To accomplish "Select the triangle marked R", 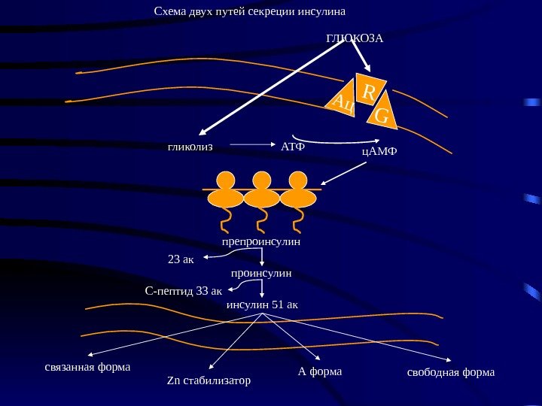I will click(x=368, y=92).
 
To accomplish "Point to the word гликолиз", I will click(x=190, y=147).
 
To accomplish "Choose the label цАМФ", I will click(x=379, y=152).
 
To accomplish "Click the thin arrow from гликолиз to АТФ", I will click(x=250, y=144).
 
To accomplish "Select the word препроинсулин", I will click(x=261, y=242).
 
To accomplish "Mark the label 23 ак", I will click(x=180, y=260).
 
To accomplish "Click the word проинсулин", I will click(x=261, y=274).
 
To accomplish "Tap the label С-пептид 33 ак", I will click(x=183, y=290).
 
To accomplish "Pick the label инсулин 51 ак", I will click(x=262, y=305).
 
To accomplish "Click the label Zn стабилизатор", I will click(x=208, y=381).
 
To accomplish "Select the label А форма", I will click(x=320, y=371).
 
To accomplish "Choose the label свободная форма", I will click(x=451, y=371).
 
